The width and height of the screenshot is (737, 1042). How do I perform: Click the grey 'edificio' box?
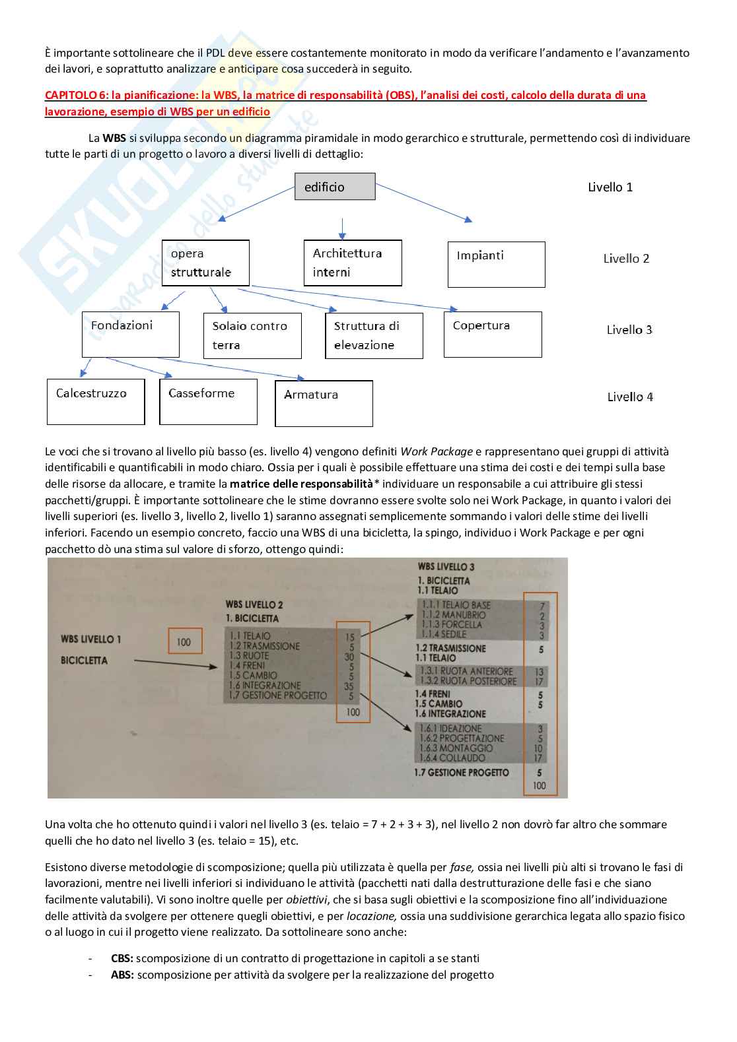click(335, 187)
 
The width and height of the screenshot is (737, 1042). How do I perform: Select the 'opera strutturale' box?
click(205, 263)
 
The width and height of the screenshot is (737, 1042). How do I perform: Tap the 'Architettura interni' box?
click(353, 263)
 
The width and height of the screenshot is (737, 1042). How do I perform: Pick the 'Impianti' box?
click(496, 264)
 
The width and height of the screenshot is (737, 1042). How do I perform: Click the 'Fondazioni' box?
click(130, 335)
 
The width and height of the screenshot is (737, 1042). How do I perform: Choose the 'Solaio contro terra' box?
click(252, 335)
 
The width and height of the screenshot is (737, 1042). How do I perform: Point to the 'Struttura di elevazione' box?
click(374, 335)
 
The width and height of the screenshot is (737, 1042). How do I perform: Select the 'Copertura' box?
click(493, 335)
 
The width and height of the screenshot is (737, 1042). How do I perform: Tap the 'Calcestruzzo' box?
click(96, 401)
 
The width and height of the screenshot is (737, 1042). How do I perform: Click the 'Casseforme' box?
click(208, 401)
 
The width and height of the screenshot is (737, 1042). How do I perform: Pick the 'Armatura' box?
click(324, 403)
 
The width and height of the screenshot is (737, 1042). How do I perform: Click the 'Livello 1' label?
click(610, 187)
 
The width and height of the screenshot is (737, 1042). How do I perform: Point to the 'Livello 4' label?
click(630, 397)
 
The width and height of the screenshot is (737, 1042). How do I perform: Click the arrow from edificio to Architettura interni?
click(341, 228)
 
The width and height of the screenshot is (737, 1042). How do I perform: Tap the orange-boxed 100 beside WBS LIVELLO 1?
click(184, 641)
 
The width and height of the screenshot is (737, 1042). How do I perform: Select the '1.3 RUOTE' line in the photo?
click(250, 656)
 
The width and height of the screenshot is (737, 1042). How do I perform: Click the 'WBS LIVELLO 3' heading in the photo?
click(446, 567)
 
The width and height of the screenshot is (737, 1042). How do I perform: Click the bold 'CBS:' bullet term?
click(122, 958)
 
